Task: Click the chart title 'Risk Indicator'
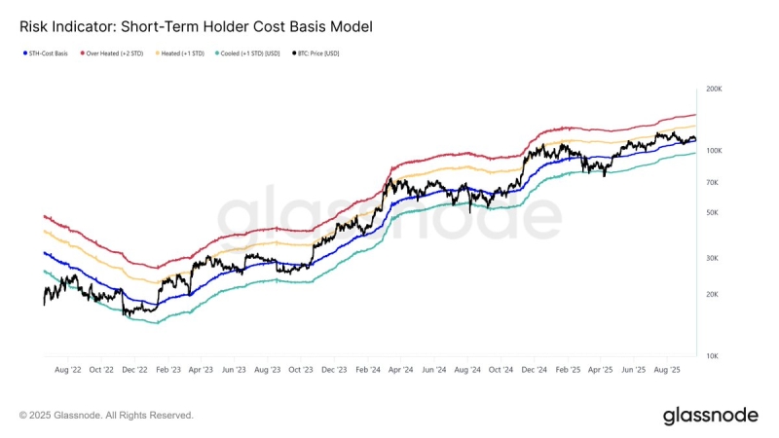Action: click(196, 26)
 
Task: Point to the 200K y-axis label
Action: click(714, 89)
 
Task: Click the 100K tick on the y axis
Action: click(714, 151)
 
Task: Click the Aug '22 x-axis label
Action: click(68, 370)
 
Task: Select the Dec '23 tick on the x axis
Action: click(334, 370)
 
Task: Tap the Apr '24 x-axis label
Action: click(401, 370)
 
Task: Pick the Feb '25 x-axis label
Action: click(568, 370)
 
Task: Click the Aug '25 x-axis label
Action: click(667, 370)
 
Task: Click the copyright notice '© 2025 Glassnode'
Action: click(106, 416)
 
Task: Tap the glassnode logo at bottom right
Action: click(710, 416)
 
